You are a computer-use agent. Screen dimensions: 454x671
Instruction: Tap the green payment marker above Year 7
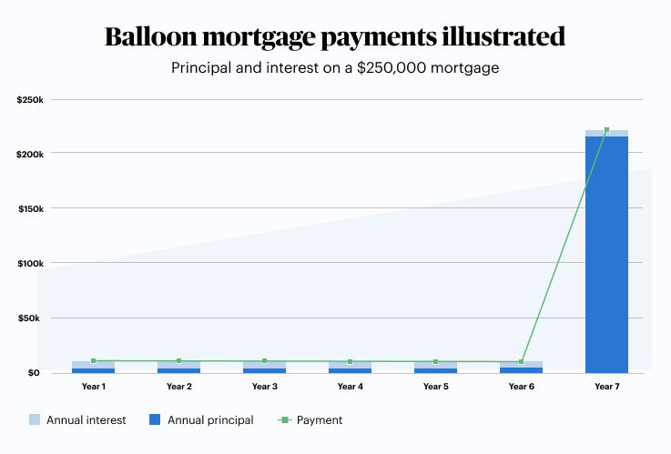point(606,130)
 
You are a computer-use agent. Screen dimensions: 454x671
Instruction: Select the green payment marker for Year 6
point(521,362)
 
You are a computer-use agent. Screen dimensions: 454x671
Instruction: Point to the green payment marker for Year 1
point(94,361)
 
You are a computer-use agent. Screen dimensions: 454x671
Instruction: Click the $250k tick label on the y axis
point(30,99)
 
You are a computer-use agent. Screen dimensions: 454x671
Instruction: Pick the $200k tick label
point(30,154)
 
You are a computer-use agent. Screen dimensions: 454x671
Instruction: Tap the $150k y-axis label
point(30,208)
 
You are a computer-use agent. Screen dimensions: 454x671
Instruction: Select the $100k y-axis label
point(30,263)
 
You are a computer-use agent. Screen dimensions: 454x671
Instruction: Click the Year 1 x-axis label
point(93,387)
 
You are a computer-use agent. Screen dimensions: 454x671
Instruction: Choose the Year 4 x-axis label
point(350,387)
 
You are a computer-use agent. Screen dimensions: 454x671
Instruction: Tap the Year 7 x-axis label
point(606,387)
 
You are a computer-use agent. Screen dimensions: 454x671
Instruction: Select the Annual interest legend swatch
point(36,420)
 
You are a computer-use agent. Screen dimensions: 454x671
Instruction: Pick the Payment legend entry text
point(320,420)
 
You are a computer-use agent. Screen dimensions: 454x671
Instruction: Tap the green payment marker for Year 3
point(264,361)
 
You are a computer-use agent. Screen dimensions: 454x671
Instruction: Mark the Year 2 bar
point(178,368)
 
